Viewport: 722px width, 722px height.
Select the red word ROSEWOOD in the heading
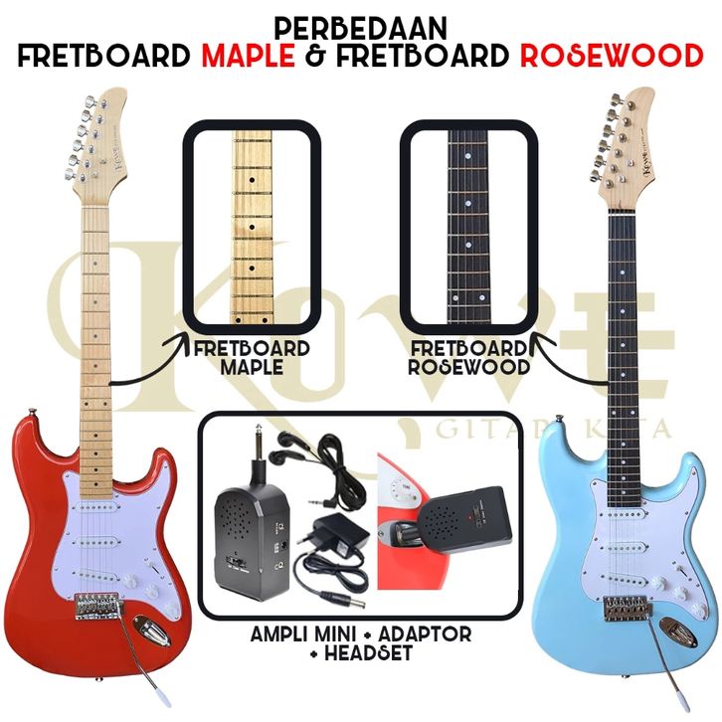pyautogui.click(x=610, y=54)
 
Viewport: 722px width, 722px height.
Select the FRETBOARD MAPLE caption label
pyautogui.click(x=251, y=358)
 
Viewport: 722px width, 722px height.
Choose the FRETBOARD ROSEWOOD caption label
pyautogui.click(x=466, y=358)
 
